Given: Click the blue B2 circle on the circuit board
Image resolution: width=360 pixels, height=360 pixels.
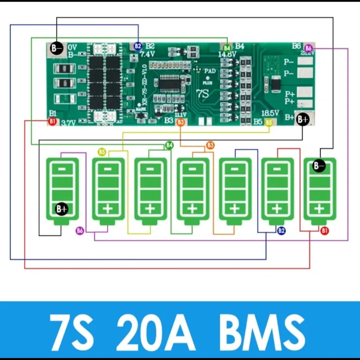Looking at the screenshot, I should click(x=138, y=46).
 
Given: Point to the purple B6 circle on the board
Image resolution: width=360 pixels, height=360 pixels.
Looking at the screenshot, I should click(x=308, y=48).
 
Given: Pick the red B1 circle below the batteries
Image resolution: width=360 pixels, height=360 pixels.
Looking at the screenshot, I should click(x=324, y=231).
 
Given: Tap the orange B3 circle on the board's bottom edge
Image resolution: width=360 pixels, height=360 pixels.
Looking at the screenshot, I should click(x=181, y=122).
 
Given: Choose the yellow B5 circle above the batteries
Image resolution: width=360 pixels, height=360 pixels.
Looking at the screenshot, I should click(x=102, y=152).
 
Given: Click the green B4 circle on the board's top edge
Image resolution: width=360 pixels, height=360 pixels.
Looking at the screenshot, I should click(x=227, y=48).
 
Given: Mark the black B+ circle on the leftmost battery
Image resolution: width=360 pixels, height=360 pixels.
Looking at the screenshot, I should click(x=62, y=208).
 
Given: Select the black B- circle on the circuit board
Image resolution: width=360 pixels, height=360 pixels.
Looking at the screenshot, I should click(x=56, y=48).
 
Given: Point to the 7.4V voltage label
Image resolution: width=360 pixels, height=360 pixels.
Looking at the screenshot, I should click(x=148, y=54).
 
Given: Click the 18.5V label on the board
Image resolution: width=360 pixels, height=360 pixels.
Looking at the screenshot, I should click(x=270, y=113).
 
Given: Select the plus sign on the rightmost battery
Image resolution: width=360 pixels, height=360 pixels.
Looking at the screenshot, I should click(x=319, y=208).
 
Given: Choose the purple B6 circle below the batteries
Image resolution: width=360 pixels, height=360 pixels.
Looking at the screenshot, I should click(x=80, y=230).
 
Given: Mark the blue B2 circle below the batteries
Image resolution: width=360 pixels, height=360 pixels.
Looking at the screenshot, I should click(x=281, y=230).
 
